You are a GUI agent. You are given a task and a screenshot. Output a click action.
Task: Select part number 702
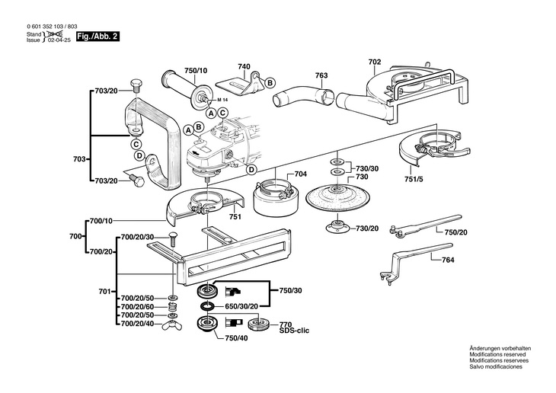pyautogui.click(x=375, y=62)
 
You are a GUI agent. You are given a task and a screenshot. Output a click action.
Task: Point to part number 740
pyautogui.click(x=244, y=66)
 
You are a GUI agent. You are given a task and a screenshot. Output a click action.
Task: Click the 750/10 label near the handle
pyautogui.click(x=196, y=71)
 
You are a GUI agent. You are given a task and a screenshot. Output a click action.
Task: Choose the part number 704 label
pyautogui.click(x=301, y=174)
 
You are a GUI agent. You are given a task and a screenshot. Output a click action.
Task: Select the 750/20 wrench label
pyautogui.click(x=456, y=232)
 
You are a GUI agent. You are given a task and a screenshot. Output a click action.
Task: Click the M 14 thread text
pyautogui.click(x=222, y=100)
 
